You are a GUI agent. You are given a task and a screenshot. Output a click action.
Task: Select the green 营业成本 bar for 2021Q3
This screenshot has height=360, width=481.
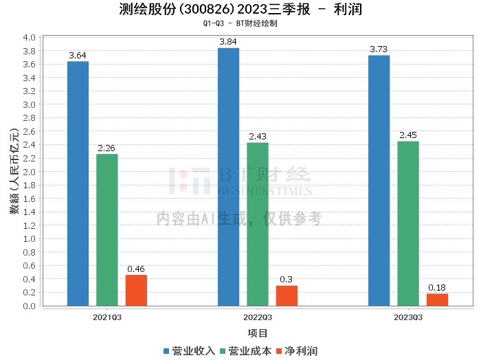(x=107, y=229)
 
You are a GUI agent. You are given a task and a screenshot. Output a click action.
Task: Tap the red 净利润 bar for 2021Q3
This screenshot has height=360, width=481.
(x=136, y=290)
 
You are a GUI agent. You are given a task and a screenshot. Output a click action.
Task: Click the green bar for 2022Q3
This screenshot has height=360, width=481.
(x=258, y=224)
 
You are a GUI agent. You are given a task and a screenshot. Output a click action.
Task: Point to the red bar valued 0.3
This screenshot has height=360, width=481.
(x=287, y=295)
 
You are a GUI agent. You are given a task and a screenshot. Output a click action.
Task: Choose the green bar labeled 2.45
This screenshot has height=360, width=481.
(x=408, y=223)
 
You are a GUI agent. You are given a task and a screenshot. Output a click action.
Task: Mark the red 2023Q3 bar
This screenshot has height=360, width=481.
(x=437, y=300)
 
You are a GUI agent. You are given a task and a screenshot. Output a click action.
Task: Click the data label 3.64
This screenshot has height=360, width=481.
(x=78, y=55)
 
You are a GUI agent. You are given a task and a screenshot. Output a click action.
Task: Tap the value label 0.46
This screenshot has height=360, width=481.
(x=136, y=269)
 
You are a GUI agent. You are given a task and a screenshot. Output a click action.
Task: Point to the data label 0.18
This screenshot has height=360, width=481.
(x=437, y=287)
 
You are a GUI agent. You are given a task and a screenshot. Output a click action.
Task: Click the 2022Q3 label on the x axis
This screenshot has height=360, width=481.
(x=258, y=317)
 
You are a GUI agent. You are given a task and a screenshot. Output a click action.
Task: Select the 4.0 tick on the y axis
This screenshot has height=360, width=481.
(x=30, y=37)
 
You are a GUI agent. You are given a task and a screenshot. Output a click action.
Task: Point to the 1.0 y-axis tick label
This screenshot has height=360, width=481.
(x=30, y=239)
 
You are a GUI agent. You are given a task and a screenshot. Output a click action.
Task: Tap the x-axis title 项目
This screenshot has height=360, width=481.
(x=258, y=333)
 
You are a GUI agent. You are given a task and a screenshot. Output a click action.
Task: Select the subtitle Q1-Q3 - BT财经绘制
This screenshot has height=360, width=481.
(x=240, y=23)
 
